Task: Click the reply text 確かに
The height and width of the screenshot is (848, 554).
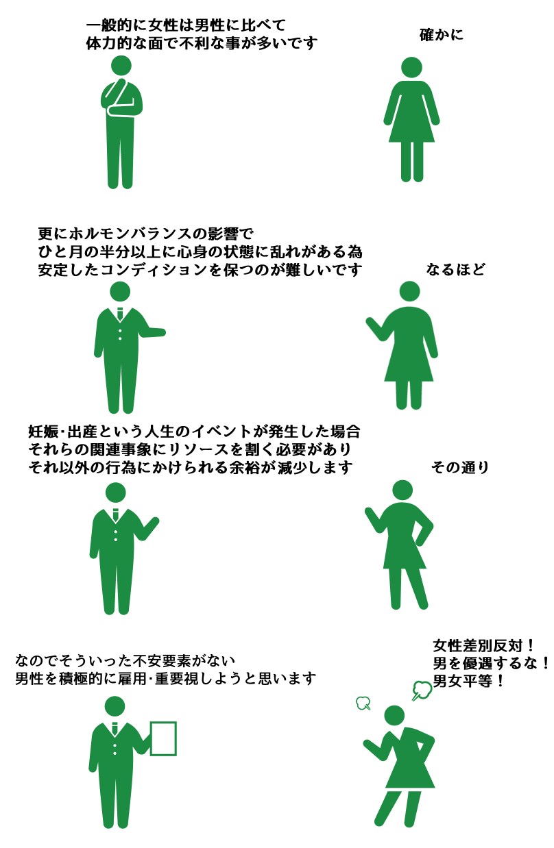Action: pyautogui.click(x=442, y=35)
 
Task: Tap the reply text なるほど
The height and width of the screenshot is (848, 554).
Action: pyautogui.click(x=455, y=270)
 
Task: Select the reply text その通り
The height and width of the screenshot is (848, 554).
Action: pyautogui.click(x=460, y=468)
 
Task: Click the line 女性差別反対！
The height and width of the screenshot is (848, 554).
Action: pyautogui.click(x=484, y=645)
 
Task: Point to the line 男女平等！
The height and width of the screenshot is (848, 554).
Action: pyautogui.click(x=468, y=681)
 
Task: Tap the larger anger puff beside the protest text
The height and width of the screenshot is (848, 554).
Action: pyautogui.click(x=422, y=690)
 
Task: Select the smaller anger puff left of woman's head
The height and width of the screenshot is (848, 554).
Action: pyautogui.click(x=363, y=703)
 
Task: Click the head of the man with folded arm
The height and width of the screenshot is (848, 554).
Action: pyautogui.click(x=121, y=66)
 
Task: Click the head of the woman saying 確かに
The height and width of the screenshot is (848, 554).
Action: pyautogui.click(x=411, y=68)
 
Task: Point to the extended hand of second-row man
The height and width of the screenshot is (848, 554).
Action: pyautogui.click(x=159, y=332)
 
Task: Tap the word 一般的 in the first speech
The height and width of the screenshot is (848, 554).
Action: pyautogui.click(x=109, y=25)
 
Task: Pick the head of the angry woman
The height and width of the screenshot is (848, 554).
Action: pyautogui.click(x=394, y=716)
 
